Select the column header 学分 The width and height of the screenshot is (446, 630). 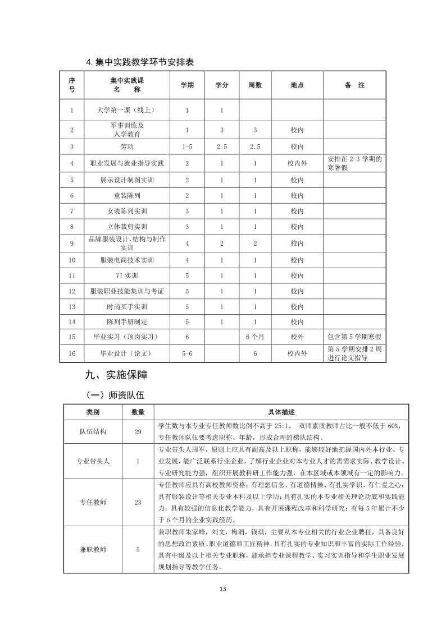click(x=221, y=85)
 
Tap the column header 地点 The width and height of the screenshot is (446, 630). click(x=297, y=85)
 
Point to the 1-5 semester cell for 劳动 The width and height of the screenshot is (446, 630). click(x=187, y=147)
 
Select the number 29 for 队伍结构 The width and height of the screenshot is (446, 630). click(x=138, y=432)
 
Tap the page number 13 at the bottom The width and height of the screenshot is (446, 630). click(x=222, y=589)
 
